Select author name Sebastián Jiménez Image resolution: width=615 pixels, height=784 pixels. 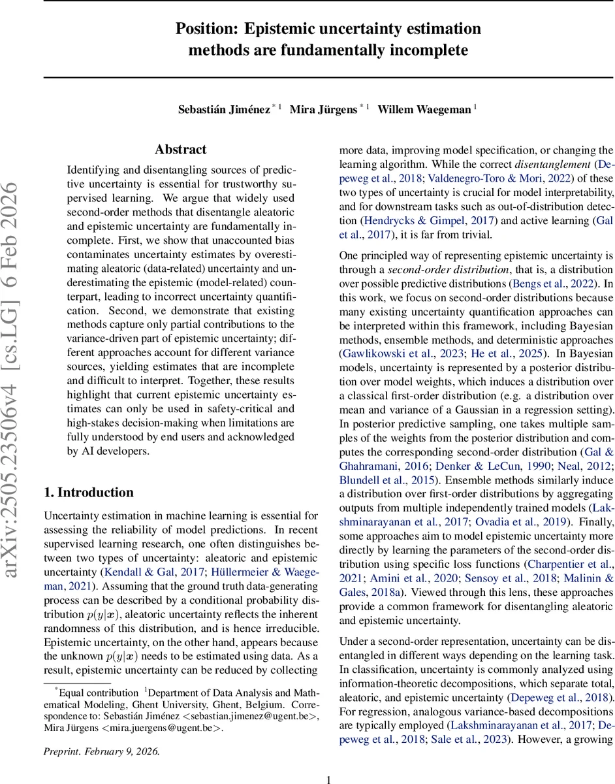223,109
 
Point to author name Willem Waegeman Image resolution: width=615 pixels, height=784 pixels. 425,109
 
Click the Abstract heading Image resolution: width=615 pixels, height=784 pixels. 180,150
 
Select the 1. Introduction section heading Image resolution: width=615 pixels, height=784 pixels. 89,493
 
